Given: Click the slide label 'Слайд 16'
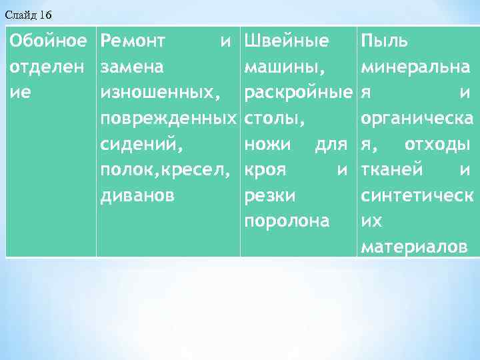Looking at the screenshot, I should click(x=27, y=14).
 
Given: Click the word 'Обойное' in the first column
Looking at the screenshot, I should click(x=48, y=41).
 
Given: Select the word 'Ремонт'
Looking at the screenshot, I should click(x=133, y=41).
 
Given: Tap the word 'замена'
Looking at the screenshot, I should click(x=133, y=67).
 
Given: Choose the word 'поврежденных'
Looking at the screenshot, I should click(x=168, y=119).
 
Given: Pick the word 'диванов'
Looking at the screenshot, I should click(x=137, y=196).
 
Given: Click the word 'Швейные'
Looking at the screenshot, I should click(x=287, y=41).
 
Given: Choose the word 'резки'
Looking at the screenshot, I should click(x=271, y=196).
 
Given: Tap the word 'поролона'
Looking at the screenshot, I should click(x=287, y=222).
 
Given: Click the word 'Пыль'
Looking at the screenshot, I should click(x=385, y=41).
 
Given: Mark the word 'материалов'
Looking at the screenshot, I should click(x=413, y=248).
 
